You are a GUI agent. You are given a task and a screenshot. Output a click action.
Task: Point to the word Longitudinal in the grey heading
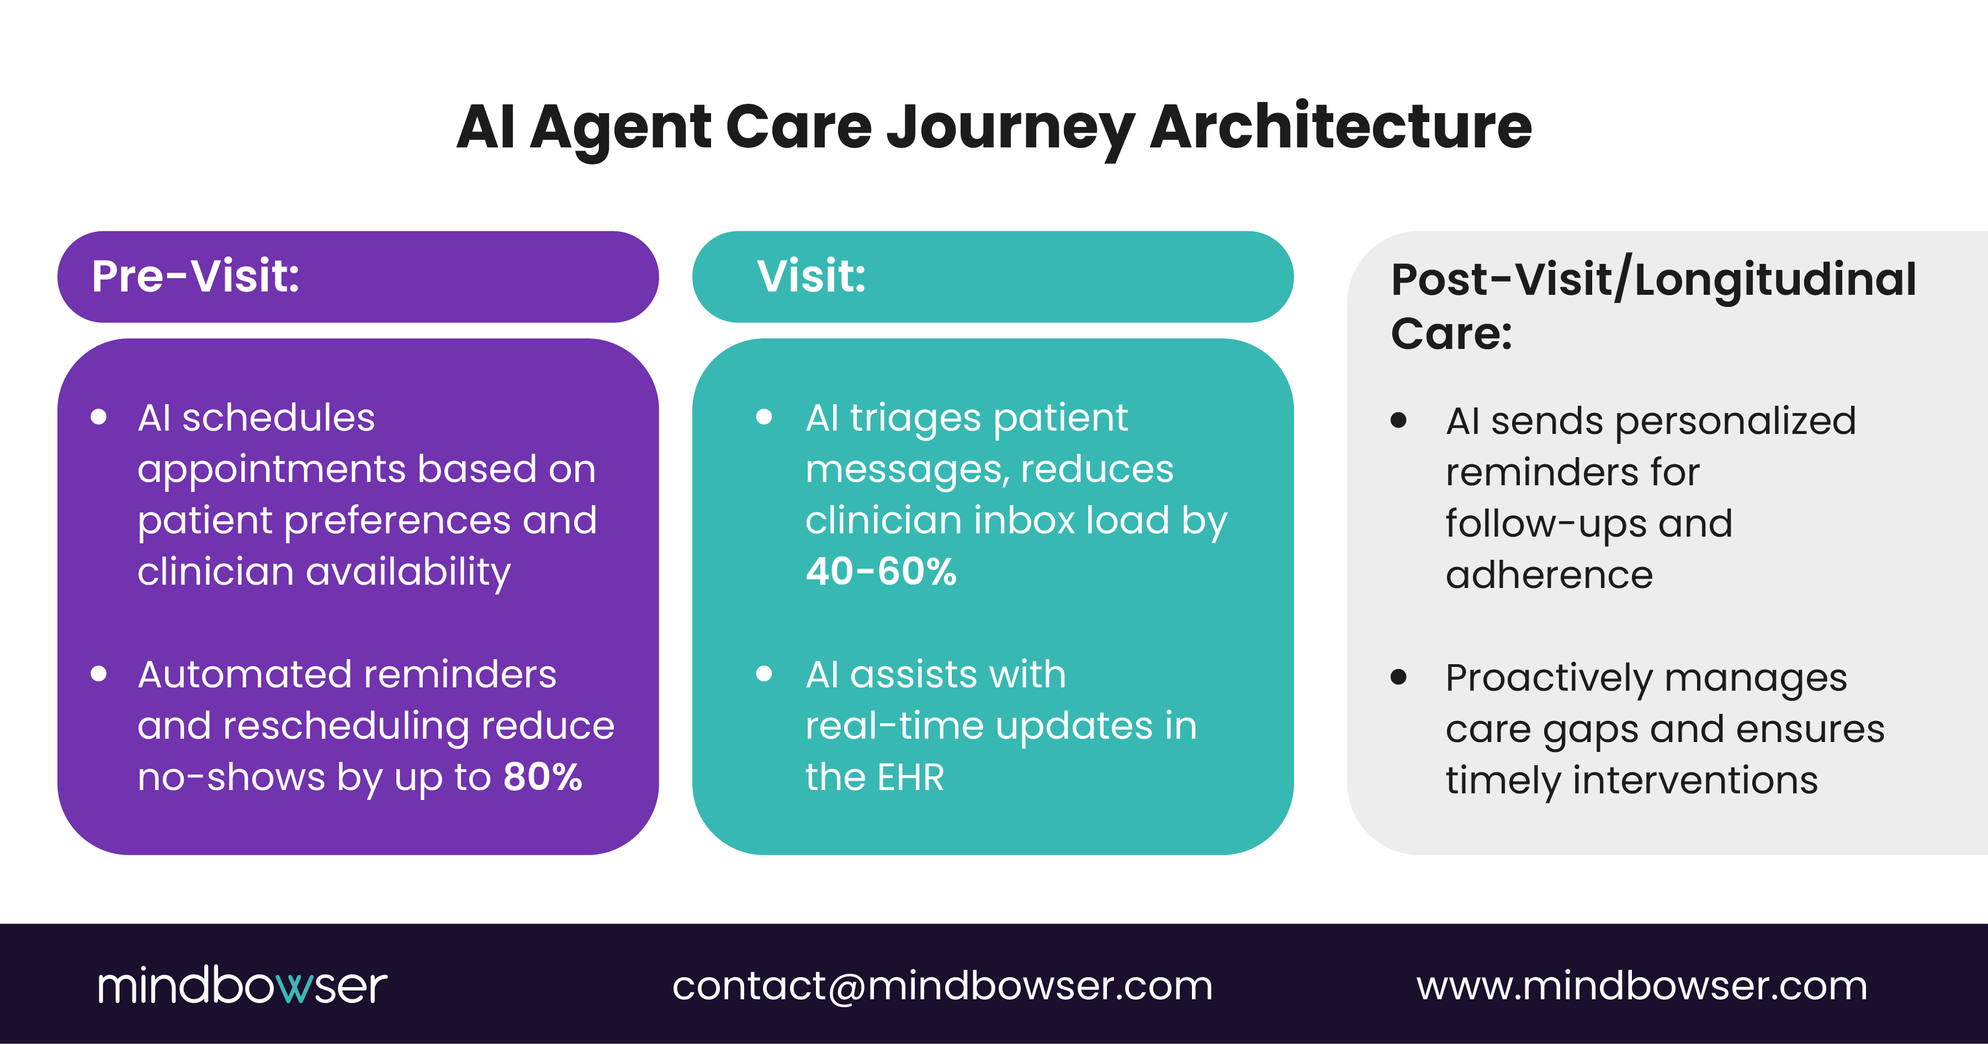point(1775,279)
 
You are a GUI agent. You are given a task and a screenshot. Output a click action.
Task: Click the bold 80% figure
point(543,776)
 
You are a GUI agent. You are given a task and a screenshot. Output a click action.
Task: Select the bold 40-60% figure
point(881,572)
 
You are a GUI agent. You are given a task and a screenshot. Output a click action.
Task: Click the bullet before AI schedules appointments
point(98,417)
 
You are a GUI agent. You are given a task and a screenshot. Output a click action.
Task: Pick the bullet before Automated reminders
point(98,674)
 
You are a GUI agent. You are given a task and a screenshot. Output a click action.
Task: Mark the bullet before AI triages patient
point(764,417)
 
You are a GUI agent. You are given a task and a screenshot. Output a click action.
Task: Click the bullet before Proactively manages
point(1398,677)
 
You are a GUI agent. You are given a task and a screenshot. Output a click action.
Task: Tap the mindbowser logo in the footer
point(242,985)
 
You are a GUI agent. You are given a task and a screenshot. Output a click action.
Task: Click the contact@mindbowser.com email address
point(942,985)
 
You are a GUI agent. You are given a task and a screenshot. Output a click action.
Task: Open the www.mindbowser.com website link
point(1641,985)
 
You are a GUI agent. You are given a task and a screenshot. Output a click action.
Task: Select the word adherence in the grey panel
point(1549,575)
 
